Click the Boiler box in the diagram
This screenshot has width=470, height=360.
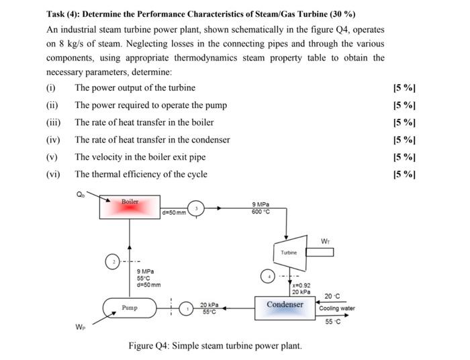[x=130, y=207]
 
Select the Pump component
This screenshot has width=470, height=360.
[x=130, y=308]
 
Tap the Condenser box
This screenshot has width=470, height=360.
[x=285, y=305]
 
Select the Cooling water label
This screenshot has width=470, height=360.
[x=338, y=308]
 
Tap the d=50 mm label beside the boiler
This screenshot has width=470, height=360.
[x=173, y=214]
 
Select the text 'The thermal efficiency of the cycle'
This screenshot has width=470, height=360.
[x=141, y=175]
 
